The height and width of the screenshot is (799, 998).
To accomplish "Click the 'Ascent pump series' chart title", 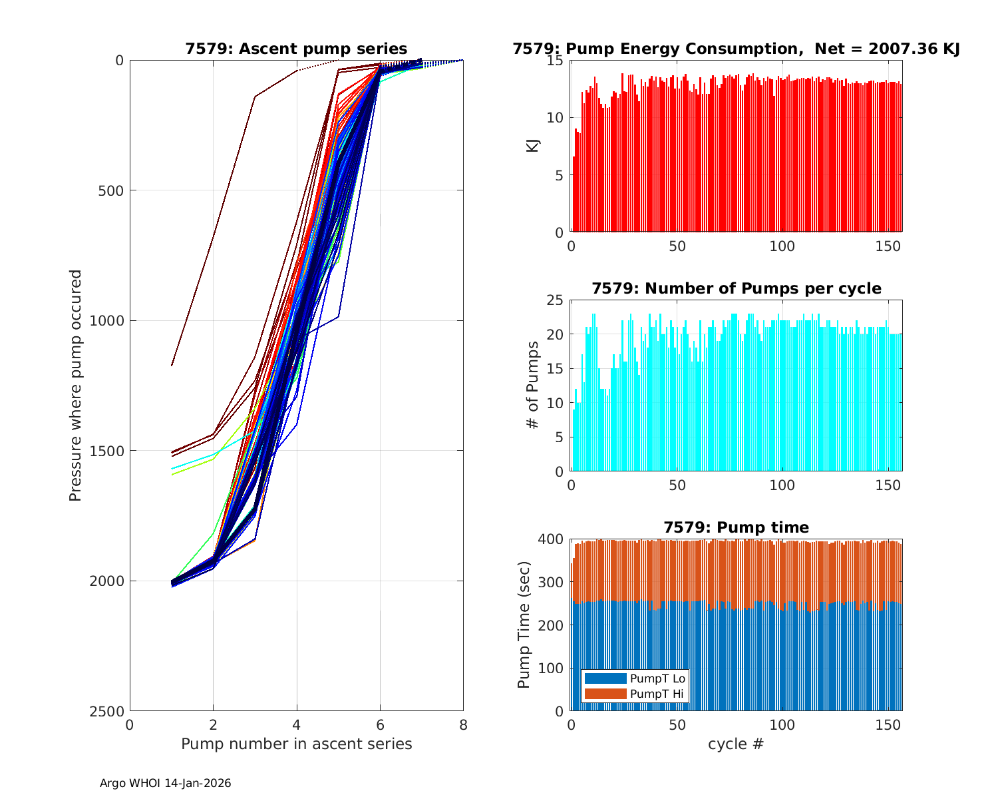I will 296,49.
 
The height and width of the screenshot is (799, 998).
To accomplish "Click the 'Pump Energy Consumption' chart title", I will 736,49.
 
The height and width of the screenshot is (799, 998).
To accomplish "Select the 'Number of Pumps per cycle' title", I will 736,288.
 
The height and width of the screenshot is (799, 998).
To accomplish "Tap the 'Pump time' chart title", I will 736,527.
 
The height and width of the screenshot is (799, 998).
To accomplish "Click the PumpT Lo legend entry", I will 657,678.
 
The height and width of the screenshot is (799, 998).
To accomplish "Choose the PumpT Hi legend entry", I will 657,694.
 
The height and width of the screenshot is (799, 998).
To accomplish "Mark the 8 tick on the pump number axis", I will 463,725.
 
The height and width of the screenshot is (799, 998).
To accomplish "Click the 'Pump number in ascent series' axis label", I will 296,744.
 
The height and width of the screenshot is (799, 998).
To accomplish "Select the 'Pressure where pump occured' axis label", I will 76,385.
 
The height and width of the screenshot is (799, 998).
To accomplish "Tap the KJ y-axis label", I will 532,146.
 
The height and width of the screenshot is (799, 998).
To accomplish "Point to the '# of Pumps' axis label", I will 532,385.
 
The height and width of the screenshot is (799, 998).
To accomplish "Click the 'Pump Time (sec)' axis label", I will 524,625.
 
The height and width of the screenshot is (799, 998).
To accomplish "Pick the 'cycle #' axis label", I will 736,744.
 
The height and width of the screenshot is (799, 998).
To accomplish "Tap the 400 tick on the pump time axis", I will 552,539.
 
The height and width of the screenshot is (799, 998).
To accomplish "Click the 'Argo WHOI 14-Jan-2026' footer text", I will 166,783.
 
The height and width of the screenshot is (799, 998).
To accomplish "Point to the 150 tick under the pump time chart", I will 888,725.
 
